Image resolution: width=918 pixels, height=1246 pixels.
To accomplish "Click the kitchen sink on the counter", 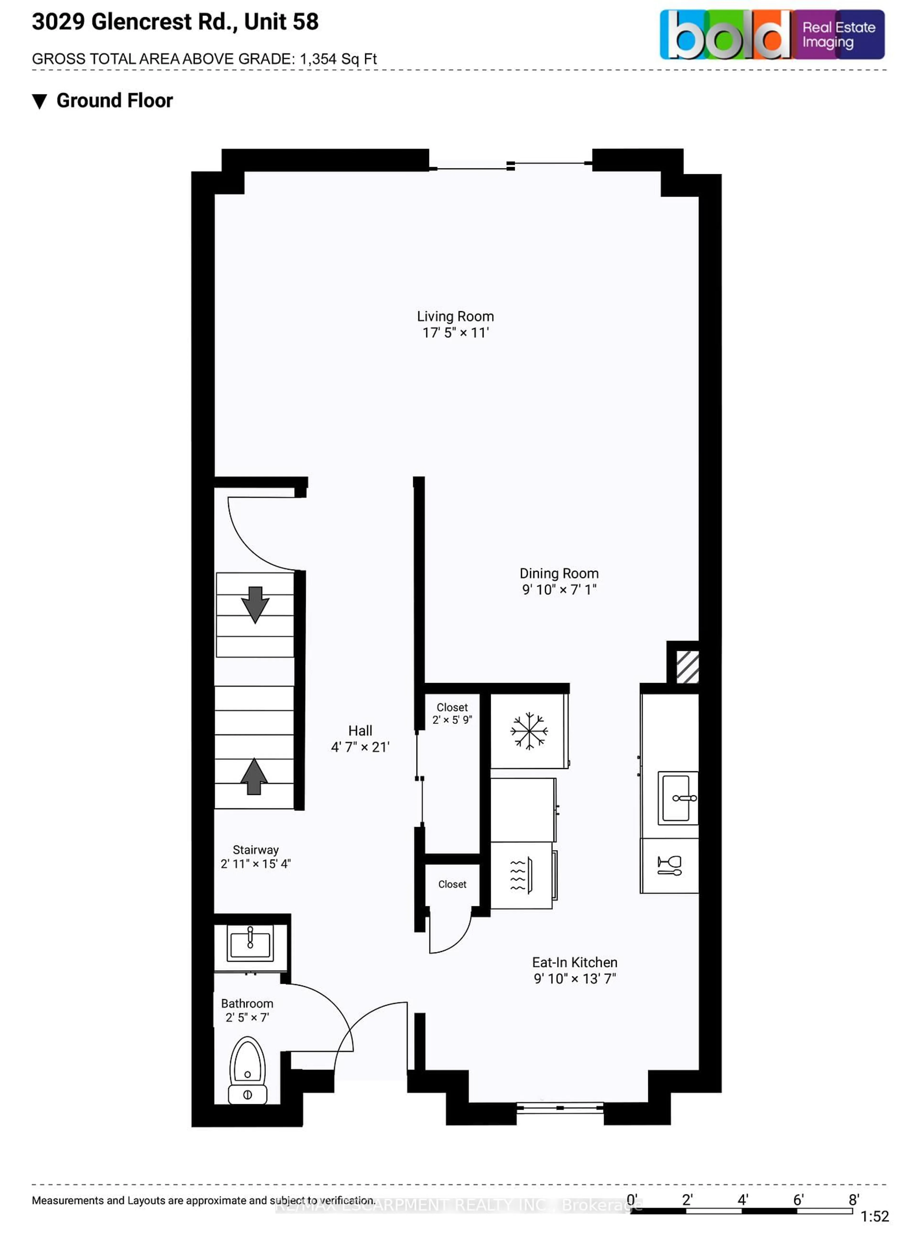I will click(x=678, y=798).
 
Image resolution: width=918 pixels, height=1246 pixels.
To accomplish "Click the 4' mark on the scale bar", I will click(x=742, y=1200).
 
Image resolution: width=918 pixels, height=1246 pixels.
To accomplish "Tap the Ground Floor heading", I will click(x=115, y=101).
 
